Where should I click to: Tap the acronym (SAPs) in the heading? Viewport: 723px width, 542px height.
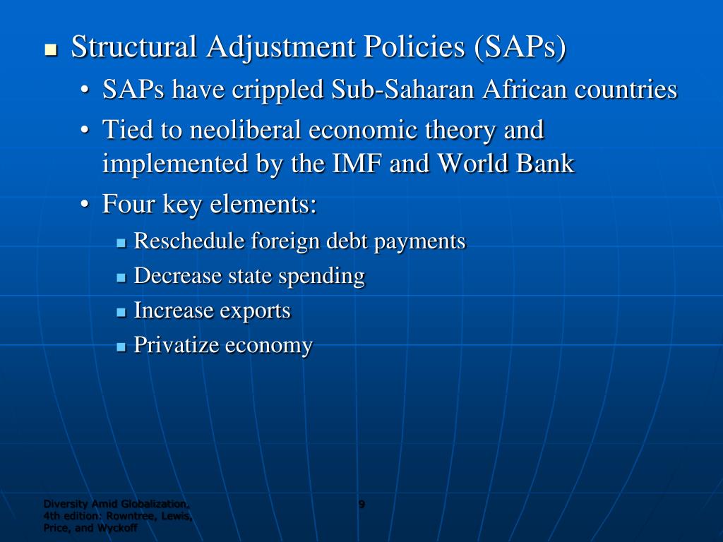[x=520, y=48]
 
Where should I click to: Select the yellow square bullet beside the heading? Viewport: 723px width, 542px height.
[x=50, y=50]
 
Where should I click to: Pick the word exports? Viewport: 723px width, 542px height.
[x=258, y=311]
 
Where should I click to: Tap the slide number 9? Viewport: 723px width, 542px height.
[x=361, y=504]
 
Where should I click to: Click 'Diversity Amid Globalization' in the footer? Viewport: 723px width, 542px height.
[x=116, y=504]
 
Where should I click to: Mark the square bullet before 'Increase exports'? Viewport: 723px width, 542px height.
[x=121, y=311]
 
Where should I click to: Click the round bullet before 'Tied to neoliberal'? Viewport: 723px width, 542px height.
[x=85, y=131]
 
